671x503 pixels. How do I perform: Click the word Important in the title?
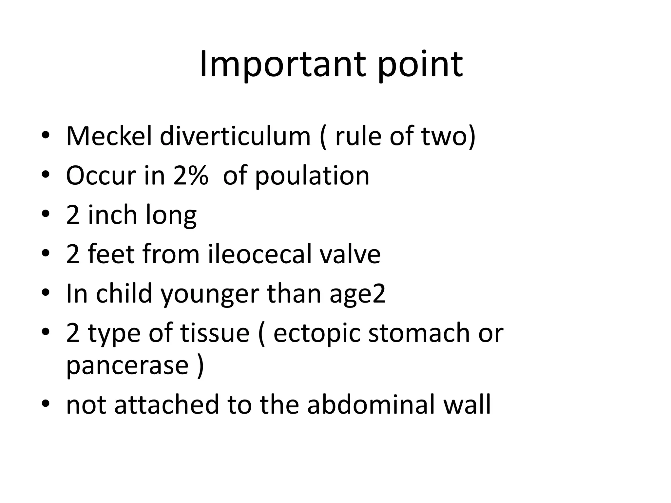282,65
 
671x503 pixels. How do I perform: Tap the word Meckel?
109,136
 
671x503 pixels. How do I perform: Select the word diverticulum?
235,136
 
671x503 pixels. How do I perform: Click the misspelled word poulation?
312,176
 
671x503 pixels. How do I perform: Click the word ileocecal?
259,254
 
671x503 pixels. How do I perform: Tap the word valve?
350,254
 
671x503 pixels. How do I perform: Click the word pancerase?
127,365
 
